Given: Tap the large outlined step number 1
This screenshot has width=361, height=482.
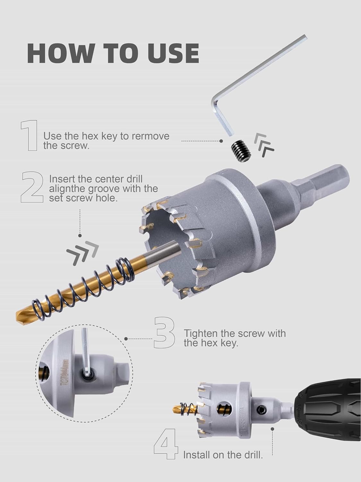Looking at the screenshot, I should click(30, 135).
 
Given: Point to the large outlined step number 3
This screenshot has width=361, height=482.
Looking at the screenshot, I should click(165, 333).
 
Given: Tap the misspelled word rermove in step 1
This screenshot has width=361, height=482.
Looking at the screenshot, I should click(150, 136).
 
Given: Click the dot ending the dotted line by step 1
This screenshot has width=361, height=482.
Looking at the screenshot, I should click(221, 141).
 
